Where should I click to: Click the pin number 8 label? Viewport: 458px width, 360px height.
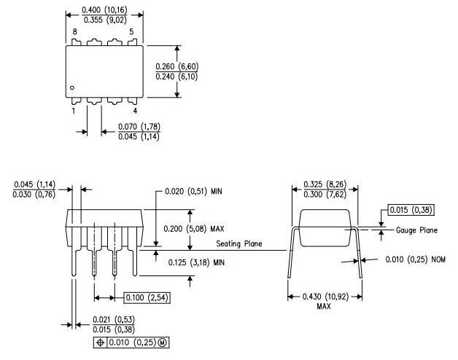(74, 33)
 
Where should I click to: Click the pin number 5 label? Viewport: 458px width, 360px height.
(131, 33)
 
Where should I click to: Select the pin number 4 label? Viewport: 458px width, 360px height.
(135, 111)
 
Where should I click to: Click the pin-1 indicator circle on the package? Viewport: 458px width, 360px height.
(73, 89)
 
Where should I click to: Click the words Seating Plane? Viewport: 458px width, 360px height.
(238, 243)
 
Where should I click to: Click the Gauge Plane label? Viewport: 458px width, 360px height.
(417, 230)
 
